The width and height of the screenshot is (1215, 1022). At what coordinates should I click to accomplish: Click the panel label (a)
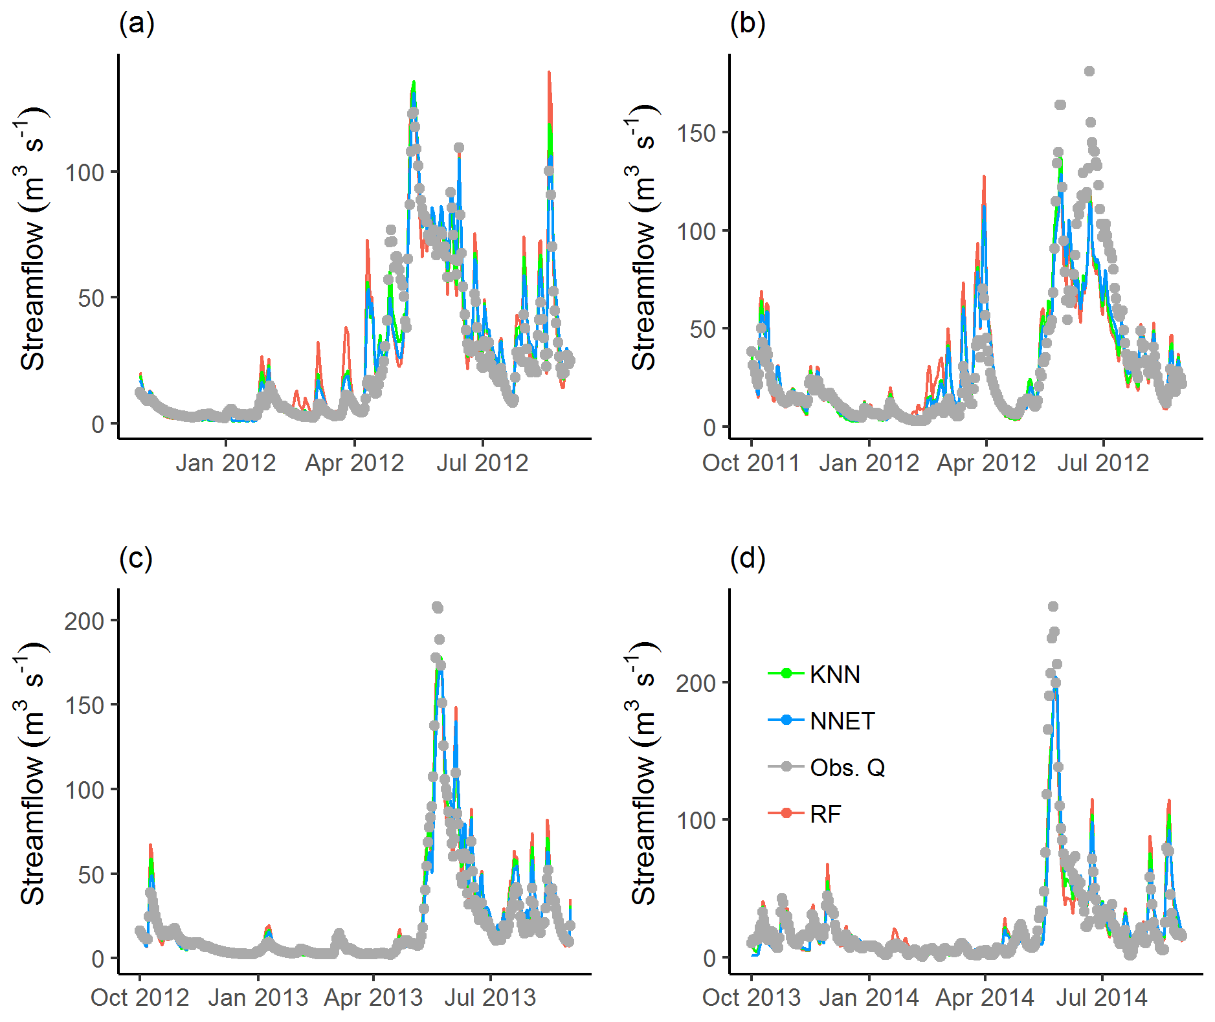coord(137,24)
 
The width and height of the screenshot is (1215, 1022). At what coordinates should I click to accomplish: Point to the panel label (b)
coord(748,24)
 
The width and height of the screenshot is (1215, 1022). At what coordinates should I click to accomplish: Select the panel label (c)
coord(136,558)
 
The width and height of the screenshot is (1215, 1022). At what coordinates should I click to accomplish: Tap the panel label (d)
coord(748,558)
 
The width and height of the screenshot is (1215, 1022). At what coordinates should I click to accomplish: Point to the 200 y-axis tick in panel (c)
coord(84,621)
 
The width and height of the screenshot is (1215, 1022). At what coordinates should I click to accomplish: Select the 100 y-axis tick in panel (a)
coord(84,173)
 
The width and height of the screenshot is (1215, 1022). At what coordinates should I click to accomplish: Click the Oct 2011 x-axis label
coord(751,463)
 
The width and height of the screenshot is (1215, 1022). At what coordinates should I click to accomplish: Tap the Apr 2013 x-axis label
coord(373,997)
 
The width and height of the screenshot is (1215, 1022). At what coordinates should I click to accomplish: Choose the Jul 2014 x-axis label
coord(1102,997)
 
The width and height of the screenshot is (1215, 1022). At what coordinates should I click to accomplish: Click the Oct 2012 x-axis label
coord(140,997)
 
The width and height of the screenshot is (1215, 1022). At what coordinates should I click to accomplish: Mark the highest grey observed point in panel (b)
coord(1089,71)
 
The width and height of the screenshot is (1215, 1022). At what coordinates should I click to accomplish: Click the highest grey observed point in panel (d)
coord(1053,606)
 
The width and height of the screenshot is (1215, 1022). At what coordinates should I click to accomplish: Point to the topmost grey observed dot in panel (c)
coord(438,607)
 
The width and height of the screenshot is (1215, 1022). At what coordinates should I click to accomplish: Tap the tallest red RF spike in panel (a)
coord(549,73)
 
